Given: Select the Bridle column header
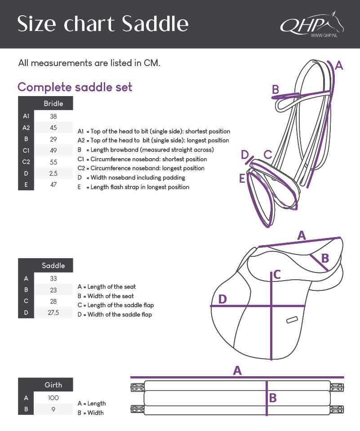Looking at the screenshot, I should pyautogui.click(x=53, y=104).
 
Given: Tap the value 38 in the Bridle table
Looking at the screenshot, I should pyautogui.click(x=53, y=116).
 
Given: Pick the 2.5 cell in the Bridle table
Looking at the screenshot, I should pyautogui.click(x=53, y=173).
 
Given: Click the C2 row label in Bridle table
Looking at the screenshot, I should pyautogui.click(x=26, y=162).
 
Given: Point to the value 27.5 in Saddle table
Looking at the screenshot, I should pyautogui.click(x=53, y=312).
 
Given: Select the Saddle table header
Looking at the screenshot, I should pyautogui.click(x=53, y=265).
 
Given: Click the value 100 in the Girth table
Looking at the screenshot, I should pyautogui.click(x=53, y=398).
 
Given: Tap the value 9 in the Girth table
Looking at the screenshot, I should pyautogui.click(x=53, y=409).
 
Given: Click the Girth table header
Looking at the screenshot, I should pyautogui.click(x=53, y=385).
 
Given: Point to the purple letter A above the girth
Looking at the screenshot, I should pyautogui.click(x=237, y=370).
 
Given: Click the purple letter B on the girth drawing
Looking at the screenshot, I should pyautogui.click(x=273, y=398).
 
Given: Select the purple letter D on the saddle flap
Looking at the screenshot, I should pyautogui.click(x=222, y=299).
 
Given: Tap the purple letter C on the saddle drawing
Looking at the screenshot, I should pyautogui.click(x=277, y=274).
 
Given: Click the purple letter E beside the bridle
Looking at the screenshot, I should pyautogui.click(x=242, y=179).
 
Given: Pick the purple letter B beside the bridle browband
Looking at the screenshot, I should pyautogui.click(x=276, y=90).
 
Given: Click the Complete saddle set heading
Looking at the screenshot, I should pyautogui.click(x=75, y=87).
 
